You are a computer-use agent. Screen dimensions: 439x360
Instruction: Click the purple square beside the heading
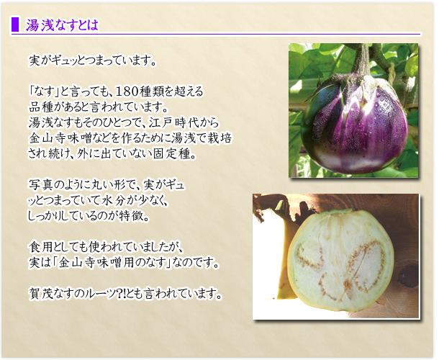click(15, 24)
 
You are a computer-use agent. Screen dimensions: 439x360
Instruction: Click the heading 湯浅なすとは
click(62, 24)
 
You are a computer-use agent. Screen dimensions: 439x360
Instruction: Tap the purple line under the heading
click(215, 35)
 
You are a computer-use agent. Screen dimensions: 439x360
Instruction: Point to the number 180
click(125, 91)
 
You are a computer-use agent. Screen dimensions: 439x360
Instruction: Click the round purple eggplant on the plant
click(354, 125)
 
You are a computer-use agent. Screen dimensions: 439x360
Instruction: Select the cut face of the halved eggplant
click(340, 261)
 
